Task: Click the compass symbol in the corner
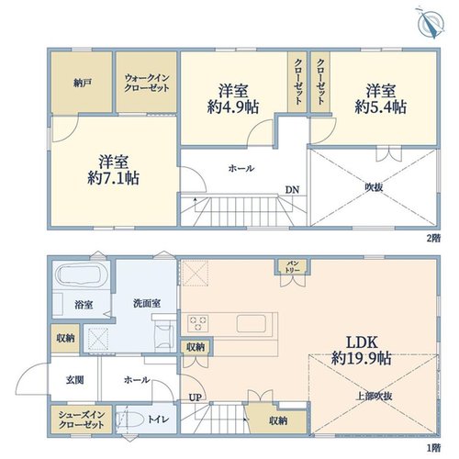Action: (431, 23)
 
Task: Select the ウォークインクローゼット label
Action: (147, 83)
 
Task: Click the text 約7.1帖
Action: (114, 178)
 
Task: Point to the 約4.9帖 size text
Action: (233, 107)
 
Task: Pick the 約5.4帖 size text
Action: (381, 107)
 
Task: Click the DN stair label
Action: (292, 190)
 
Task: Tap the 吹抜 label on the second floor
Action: (374, 187)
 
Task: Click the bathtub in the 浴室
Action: (80, 274)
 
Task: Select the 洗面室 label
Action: (147, 303)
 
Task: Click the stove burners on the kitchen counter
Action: (198, 323)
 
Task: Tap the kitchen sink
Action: (252, 323)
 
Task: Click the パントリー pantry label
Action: (293, 266)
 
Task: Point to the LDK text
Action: (363, 342)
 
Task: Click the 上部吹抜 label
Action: (374, 397)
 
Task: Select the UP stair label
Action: (196, 397)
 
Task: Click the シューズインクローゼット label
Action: (82, 420)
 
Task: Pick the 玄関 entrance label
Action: (74, 380)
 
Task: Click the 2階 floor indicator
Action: (433, 239)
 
